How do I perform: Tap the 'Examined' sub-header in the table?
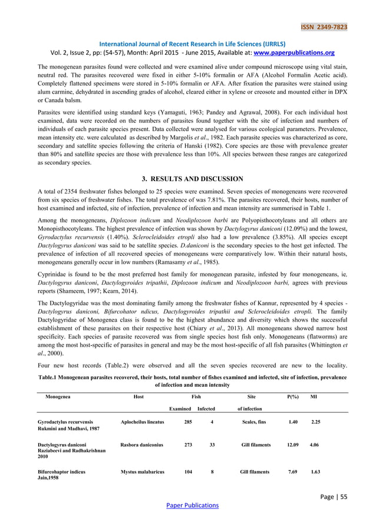point(180,408)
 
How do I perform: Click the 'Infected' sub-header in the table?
point(206,408)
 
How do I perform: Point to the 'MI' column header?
point(314,397)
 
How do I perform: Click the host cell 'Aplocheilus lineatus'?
point(142,422)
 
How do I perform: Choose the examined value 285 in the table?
point(189,422)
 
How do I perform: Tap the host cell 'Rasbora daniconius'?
point(142,445)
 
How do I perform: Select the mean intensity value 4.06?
point(315,445)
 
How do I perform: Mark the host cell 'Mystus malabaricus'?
point(142,472)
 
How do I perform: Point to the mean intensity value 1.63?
point(315,472)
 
